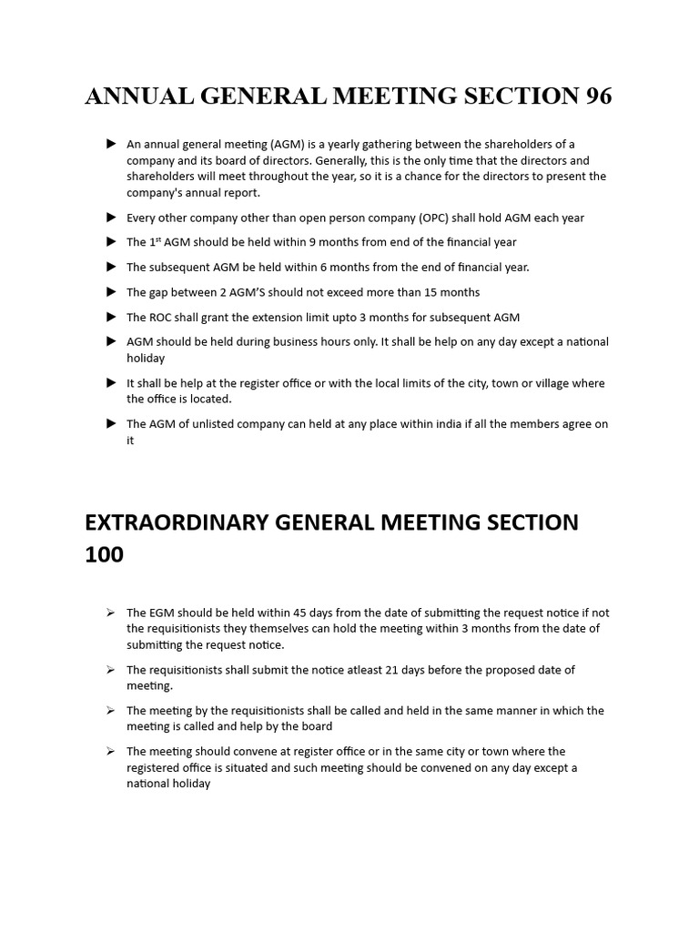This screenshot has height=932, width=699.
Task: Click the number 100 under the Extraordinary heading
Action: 104,554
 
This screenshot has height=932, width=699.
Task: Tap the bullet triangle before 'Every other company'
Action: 111,218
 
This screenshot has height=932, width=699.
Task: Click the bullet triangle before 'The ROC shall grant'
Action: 111,317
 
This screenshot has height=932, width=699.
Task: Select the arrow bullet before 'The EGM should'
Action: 111,613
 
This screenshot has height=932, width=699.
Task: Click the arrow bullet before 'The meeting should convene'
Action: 111,751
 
